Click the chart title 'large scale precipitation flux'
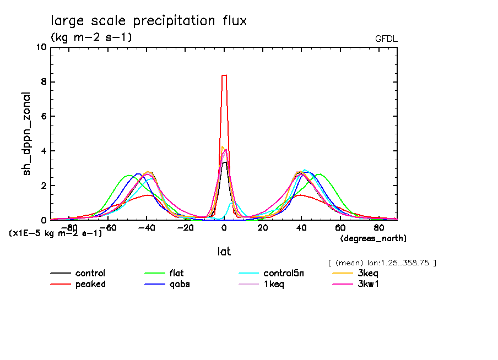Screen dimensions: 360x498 [x=149, y=21]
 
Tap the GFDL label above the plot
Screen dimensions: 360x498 [x=386, y=39]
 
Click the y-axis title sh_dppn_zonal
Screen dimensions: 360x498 [x=26, y=134]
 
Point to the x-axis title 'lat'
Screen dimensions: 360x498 [x=224, y=252]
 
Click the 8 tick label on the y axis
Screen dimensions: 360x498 [x=42, y=82]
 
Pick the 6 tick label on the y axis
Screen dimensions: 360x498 [x=42, y=117]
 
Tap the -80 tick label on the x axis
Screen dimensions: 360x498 [x=69, y=227]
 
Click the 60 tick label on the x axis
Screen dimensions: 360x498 [x=340, y=227]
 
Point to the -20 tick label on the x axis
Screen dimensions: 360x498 [x=185, y=227]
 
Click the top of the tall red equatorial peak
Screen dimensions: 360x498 [x=224, y=75]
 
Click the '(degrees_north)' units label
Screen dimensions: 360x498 [x=373, y=238]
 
